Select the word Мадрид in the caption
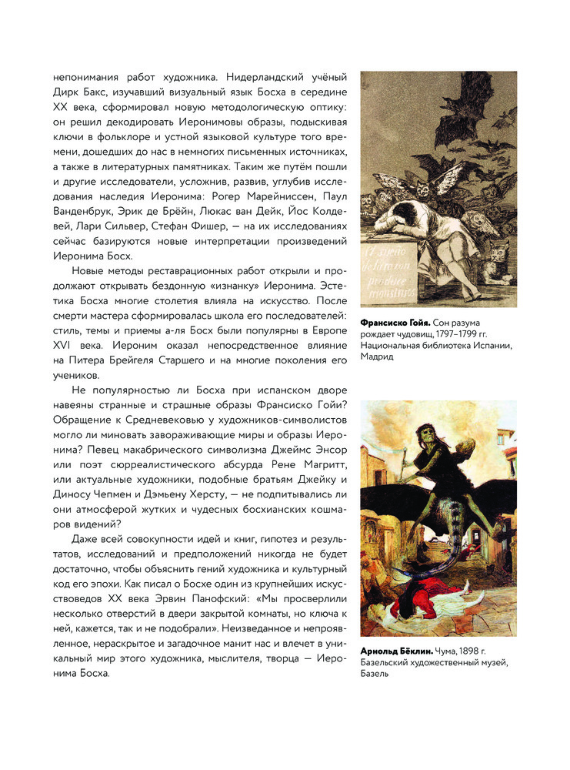point(377,357)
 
